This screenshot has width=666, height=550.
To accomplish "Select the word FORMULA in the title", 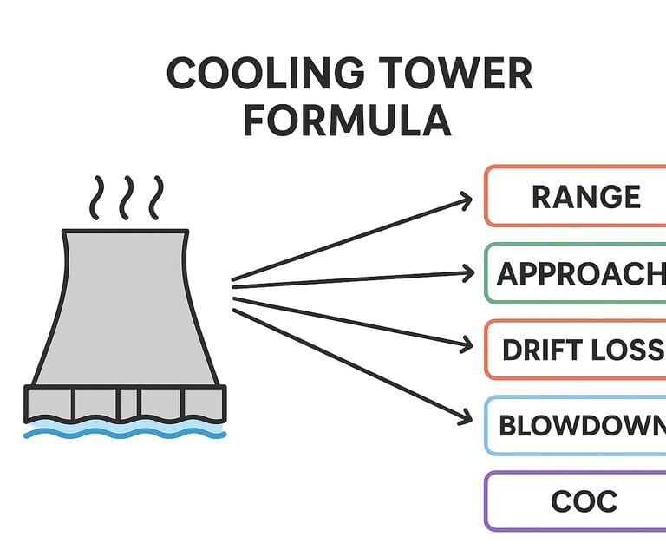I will point(347,121).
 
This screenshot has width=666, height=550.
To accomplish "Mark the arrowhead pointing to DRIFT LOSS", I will point(466,345).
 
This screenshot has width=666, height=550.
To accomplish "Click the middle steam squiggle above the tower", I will point(127,198).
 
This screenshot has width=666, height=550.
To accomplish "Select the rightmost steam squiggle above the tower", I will point(155,198).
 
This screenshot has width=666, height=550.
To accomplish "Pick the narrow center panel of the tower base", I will point(128,403).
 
